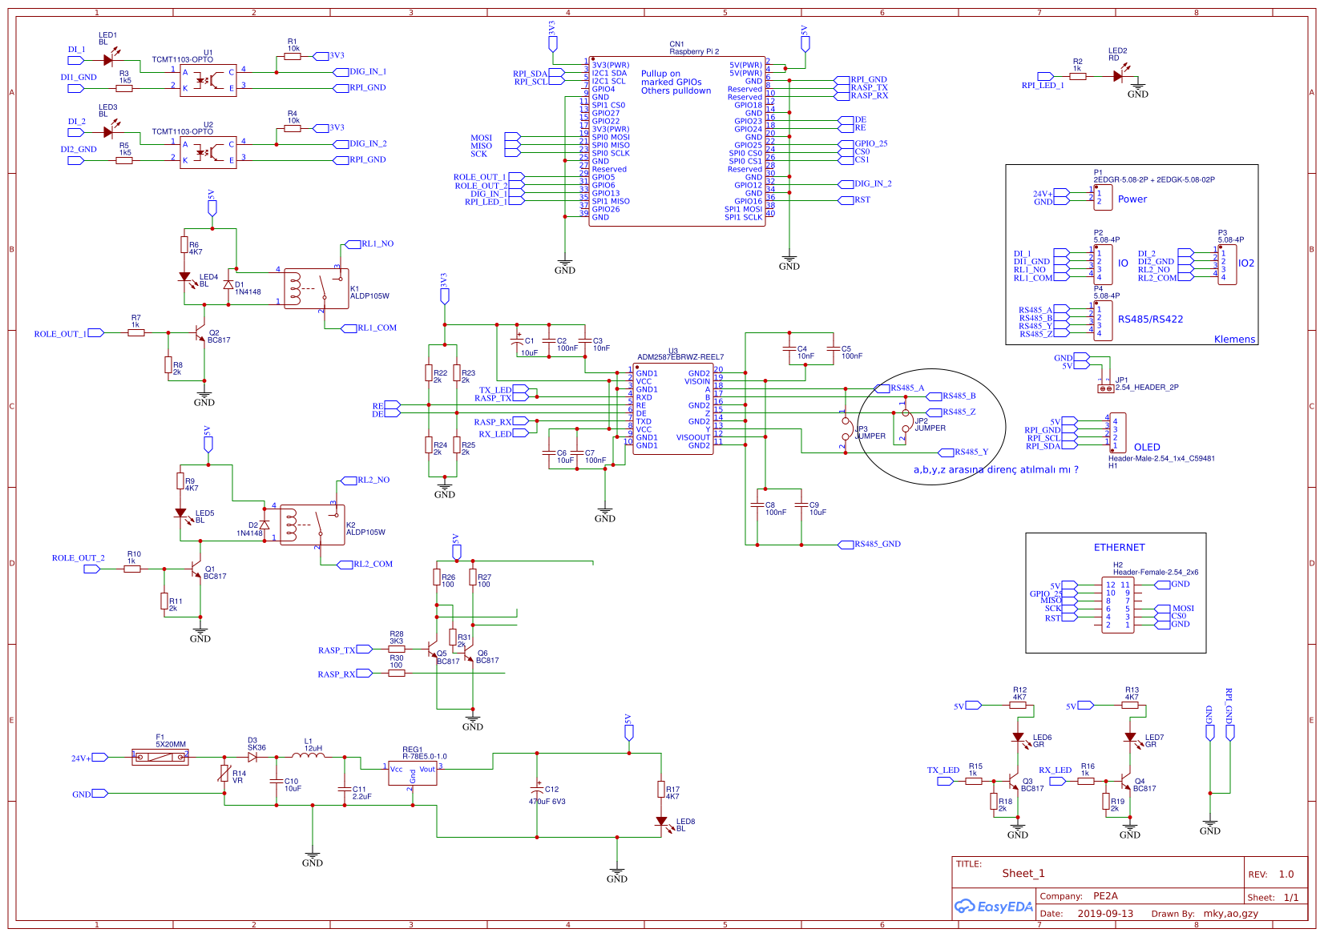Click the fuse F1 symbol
point(160,757)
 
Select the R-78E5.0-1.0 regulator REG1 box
point(413,772)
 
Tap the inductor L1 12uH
point(308,756)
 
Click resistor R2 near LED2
point(1077,76)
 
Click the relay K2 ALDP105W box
point(313,525)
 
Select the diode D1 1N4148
point(228,284)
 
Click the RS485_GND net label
point(877,545)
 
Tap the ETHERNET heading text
point(1119,548)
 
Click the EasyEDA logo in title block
point(993,907)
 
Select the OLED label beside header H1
point(1146,448)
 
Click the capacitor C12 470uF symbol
point(538,790)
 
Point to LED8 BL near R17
point(661,822)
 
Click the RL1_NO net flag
point(377,244)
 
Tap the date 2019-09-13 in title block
point(1105,914)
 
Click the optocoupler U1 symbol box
point(208,80)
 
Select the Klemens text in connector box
point(1234,340)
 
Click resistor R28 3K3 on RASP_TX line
point(396,649)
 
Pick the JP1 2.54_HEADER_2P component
point(1105,388)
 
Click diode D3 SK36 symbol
point(252,757)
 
